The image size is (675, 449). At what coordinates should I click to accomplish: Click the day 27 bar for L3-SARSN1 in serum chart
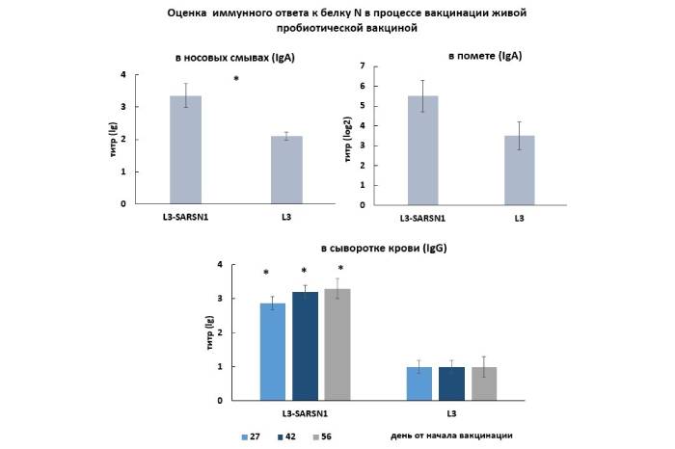(273, 351)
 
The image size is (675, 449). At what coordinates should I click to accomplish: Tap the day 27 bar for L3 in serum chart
(418, 383)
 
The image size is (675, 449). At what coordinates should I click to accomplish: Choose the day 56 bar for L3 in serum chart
(482, 383)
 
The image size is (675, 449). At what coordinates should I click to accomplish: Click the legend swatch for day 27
(246, 436)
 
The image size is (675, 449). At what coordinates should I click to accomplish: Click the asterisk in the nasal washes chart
(236, 79)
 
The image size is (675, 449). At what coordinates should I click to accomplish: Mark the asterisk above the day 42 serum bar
(305, 272)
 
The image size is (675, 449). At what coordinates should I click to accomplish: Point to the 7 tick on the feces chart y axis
(362, 66)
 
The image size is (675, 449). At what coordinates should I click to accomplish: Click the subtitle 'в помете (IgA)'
(485, 56)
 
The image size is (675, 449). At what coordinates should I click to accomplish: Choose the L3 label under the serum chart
(451, 412)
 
